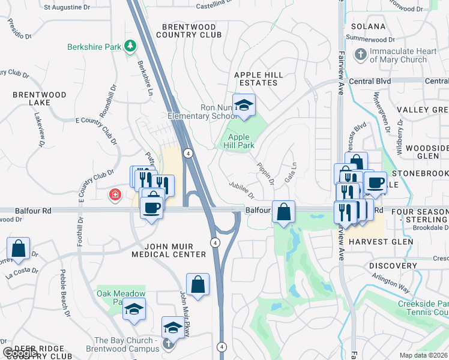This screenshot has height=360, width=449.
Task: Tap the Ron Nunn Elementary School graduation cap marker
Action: click(x=244, y=105)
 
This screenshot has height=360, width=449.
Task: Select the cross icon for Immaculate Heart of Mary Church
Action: click(x=361, y=55)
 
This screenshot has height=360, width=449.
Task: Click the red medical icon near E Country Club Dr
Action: click(x=114, y=195)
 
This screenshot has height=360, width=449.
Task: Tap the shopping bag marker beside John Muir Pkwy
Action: click(x=197, y=284)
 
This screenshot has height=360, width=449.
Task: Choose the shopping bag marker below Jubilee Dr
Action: click(x=283, y=212)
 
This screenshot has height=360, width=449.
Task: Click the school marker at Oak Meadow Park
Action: click(x=134, y=309)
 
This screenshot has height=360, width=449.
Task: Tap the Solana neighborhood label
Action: click(x=368, y=26)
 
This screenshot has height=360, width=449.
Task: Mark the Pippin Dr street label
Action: click(x=266, y=172)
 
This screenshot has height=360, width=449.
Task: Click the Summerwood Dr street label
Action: click(x=373, y=38)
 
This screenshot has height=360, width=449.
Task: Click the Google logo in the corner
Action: click(x=20, y=353)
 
